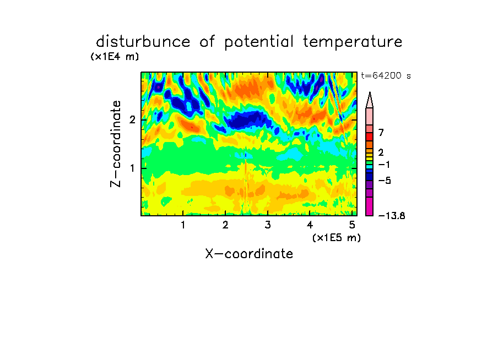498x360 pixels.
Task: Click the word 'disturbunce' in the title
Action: (143, 41)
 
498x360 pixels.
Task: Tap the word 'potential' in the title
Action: (259, 42)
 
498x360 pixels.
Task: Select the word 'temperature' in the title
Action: (353, 42)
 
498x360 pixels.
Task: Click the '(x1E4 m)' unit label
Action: (115, 57)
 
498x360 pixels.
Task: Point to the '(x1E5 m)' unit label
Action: (337, 237)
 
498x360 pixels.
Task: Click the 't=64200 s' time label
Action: (386, 75)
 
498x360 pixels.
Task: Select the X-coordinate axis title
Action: (249, 254)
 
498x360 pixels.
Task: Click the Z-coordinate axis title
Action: (116, 144)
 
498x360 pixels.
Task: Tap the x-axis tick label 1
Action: (183, 225)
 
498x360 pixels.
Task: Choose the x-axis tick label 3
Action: (268, 225)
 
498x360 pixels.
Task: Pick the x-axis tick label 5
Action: (352, 225)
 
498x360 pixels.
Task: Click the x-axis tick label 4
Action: (310, 225)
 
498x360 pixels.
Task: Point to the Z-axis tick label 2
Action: (132, 119)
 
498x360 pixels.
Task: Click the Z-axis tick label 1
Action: (132, 168)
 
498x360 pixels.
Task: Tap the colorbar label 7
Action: (381, 132)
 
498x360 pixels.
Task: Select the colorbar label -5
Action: (385, 181)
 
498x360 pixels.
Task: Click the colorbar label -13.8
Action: (392, 216)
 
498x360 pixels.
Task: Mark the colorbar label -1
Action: (384, 165)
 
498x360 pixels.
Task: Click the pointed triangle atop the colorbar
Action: (370, 100)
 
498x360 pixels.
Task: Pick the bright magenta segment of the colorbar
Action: (370, 206)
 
